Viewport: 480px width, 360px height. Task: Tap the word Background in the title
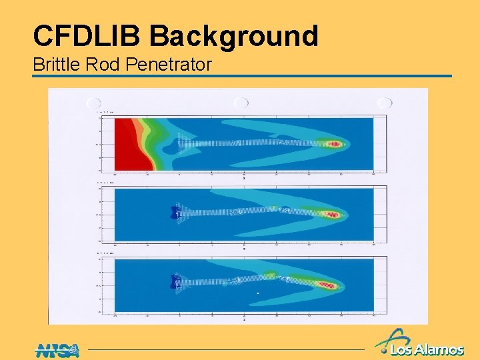click(234, 35)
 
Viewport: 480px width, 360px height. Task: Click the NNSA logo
click(57, 349)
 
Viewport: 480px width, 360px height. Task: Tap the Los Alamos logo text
click(427, 349)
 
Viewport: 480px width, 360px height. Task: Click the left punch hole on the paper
click(93, 103)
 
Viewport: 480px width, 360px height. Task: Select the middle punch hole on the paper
click(241, 103)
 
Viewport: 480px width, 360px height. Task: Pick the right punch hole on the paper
click(385, 103)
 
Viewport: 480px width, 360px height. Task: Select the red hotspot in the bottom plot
click(326, 285)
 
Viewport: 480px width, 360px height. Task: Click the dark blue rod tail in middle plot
click(176, 213)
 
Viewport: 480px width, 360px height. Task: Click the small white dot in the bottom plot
click(259, 293)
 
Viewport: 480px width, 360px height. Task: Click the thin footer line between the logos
click(227, 349)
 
